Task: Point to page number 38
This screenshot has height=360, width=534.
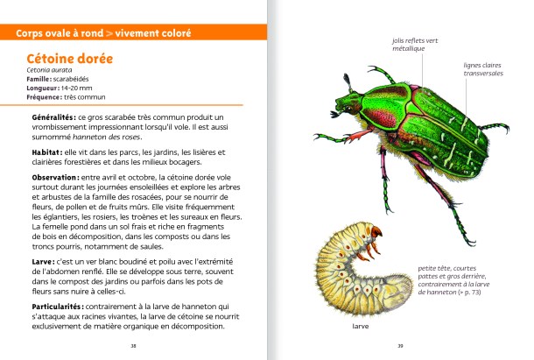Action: pos(133,344)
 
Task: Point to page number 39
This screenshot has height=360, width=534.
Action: pos(398,344)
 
